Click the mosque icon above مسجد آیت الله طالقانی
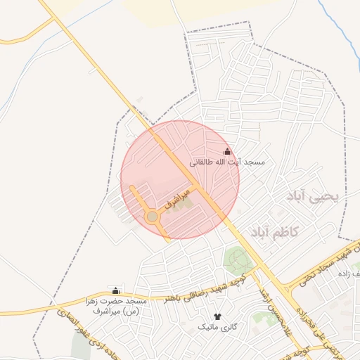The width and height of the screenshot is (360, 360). click(x=227, y=151)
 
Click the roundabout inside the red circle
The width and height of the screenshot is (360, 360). click(x=152, y=217)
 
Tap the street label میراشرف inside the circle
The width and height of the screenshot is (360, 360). click(x=177, y=199)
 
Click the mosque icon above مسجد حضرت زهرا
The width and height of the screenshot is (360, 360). click(x=116, y=290)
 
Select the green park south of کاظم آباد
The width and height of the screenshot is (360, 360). click(x=236, y=259)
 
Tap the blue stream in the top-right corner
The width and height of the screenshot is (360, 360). click(x=340, y=28)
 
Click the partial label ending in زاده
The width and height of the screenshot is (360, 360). click(x=348, y=273)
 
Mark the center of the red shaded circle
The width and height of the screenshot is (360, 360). click(x=180, y=179)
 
